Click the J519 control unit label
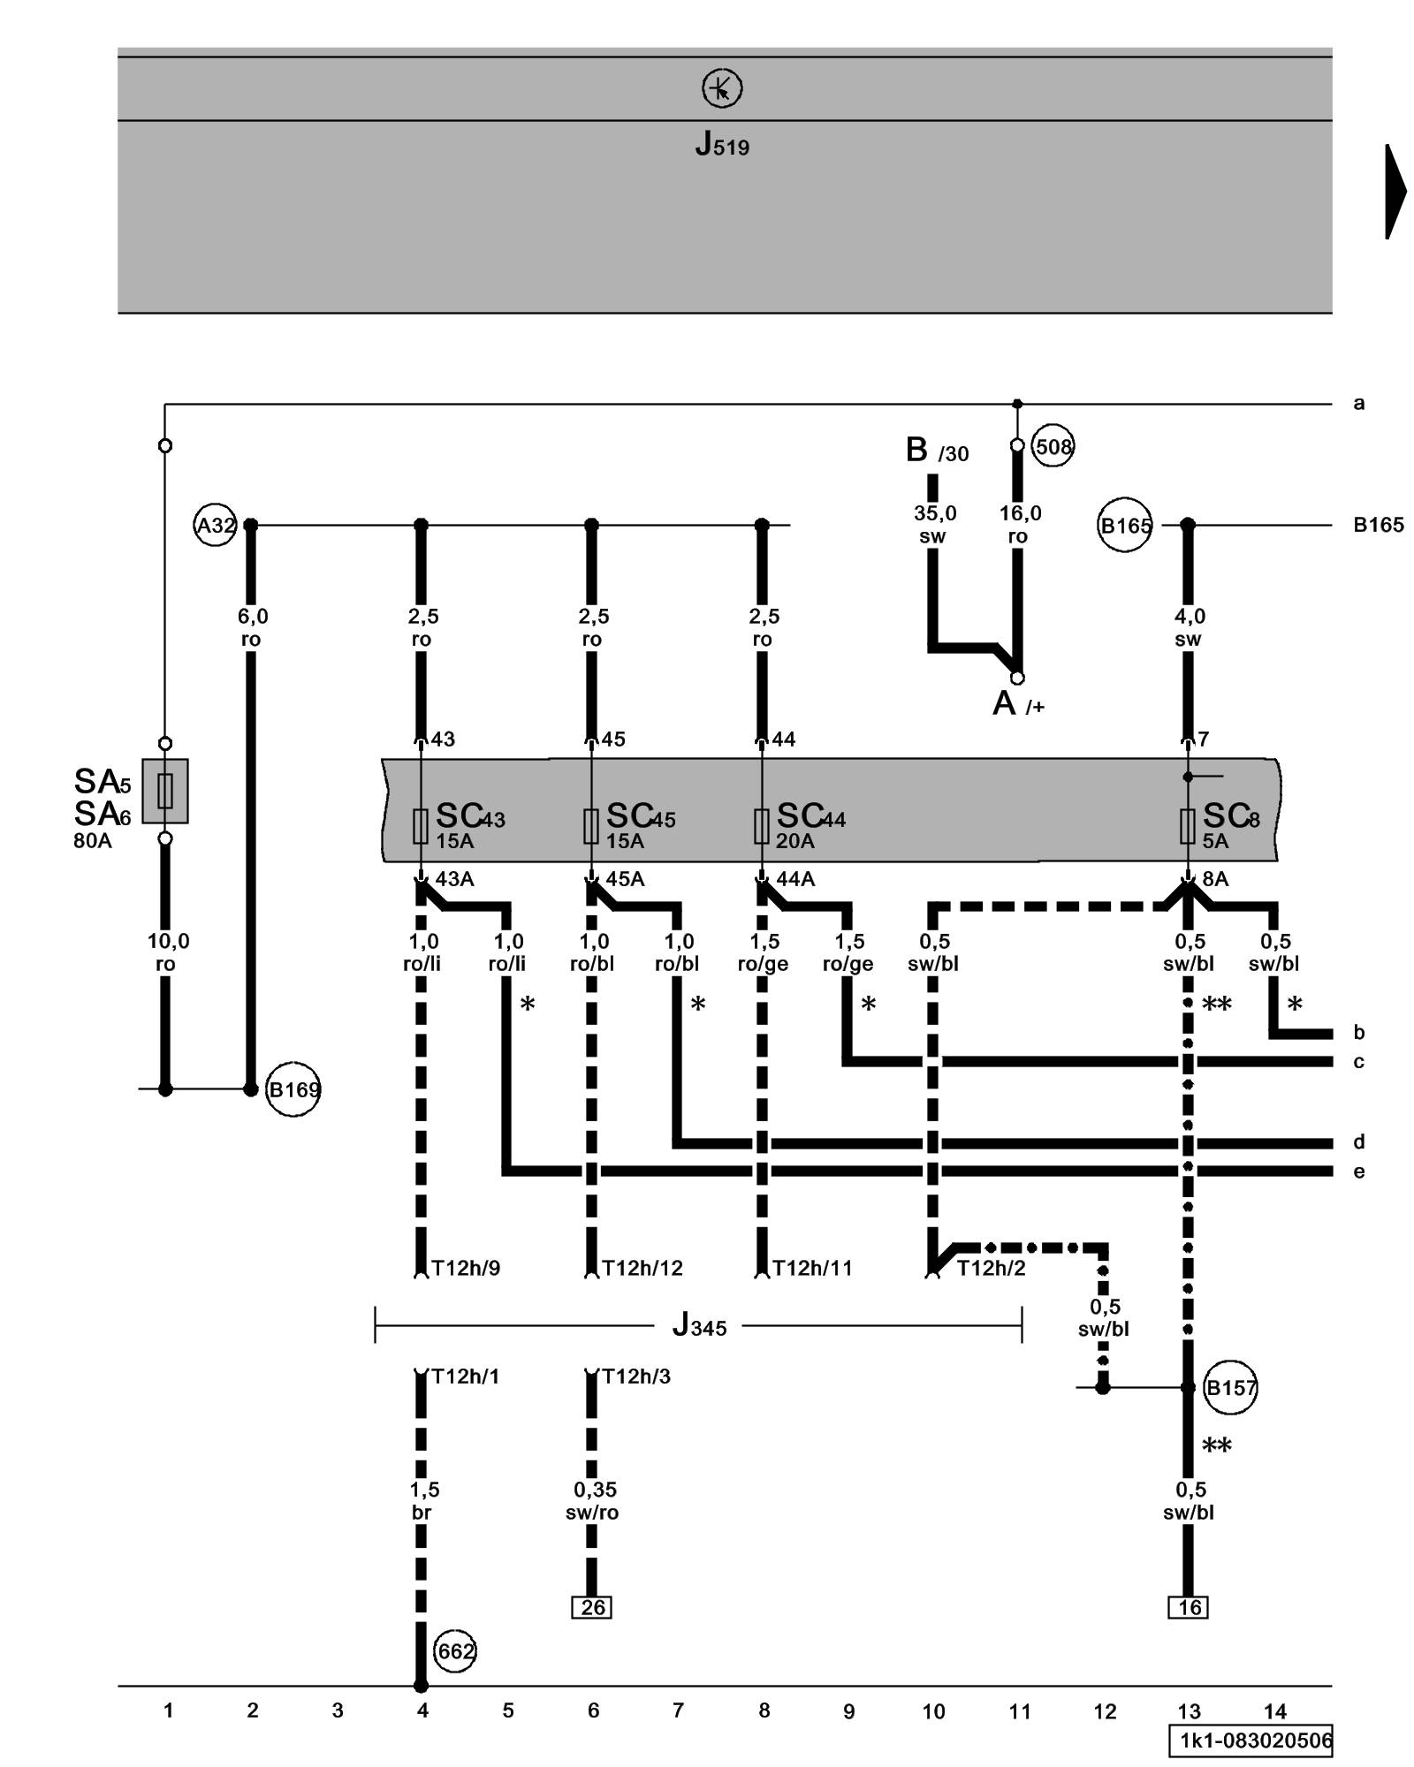[x=722, y=143]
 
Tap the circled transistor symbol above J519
[x=722, y=89]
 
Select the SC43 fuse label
[x=469, y=817]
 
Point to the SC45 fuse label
[x=640, y=817]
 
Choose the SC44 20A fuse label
[x=810, y=817]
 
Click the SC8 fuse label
[x=1230, y=817]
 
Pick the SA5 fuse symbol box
[x=165, y=791]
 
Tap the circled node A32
[x=215, y=526]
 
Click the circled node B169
[x=293, y=1089]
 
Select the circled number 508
[x=1053, y=447]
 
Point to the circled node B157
[x=1230, y=1388]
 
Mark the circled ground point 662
[x=455, y=1651]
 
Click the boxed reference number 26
[x=592, y=1607]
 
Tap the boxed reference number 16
[x=1189, y=1607]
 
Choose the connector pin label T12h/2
[x=991, y=1269]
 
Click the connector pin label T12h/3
[x=635, y=1376]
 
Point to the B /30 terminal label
[x=936, y=451]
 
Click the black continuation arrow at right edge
[x=1395, y=192]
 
